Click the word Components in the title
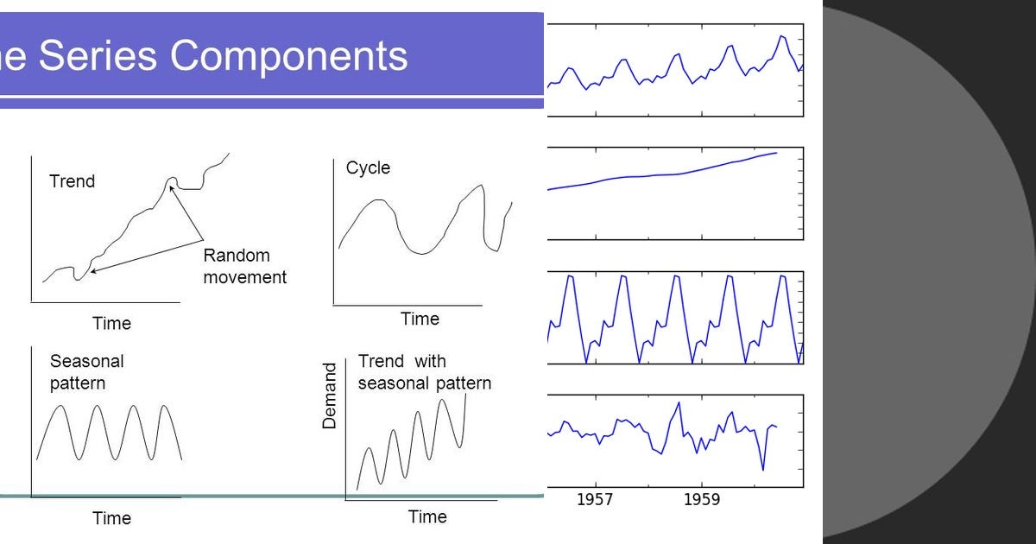[288, 56]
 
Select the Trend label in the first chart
[73, 181]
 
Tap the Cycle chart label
[368, 168]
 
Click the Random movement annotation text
[244, 266]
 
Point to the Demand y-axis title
[329, 396]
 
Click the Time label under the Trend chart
[111, 323]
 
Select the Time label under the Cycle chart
[420, 319]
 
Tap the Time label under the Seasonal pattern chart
[111, 518]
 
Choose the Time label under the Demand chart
[427, 516]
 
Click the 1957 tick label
[595, 499]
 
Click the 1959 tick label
[701, 499]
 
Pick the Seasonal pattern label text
[86, 372]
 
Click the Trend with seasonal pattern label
[424, 372]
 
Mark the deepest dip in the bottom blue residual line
[762, 470]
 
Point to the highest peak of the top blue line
[781, 36]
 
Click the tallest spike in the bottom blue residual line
[679, 402]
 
